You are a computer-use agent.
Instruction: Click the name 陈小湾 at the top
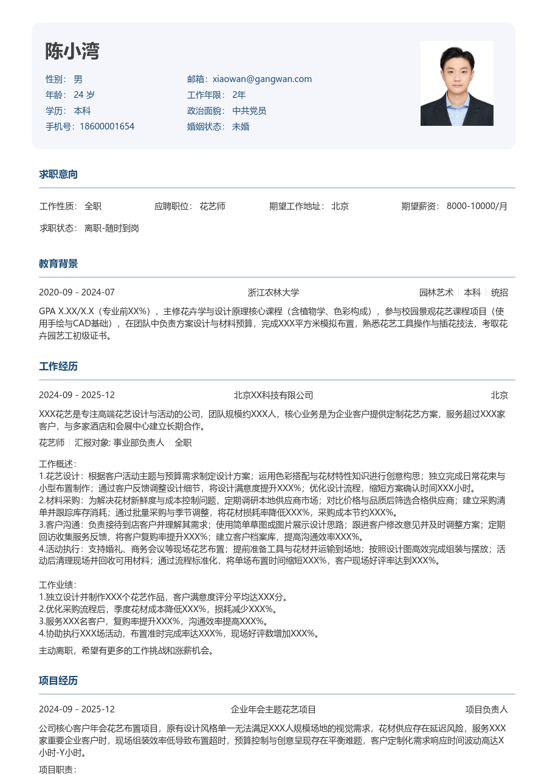[x=72, y=52]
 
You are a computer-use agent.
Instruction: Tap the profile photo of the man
[x=456, y=83]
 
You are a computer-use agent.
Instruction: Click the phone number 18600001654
[x=107, y=126]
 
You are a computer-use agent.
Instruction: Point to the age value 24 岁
[x=84, y=95]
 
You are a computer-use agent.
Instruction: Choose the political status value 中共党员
[x=249, y=111]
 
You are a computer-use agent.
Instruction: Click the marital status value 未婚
[x=241, y=126]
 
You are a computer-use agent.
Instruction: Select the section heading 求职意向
[x=58, y=174]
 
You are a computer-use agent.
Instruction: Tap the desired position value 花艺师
[x=212, y=206]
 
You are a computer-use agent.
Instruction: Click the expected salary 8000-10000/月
[x=477, y=206]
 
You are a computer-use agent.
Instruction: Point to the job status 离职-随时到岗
[x=112, y=228]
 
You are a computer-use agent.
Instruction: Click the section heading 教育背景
[x=58, y=264]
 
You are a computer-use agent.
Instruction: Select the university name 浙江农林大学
[x=273, y=292]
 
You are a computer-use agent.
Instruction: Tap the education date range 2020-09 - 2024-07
[x=77, y=292]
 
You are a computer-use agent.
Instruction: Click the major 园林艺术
[x=436, y=292]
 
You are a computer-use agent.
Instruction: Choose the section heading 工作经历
[x=58, y=367]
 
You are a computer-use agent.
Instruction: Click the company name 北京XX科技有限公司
[x=273, y=395]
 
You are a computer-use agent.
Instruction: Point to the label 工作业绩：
[x=58, y=585]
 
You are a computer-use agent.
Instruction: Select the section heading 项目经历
[x=58, y=681]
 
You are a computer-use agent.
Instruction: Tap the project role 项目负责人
[x=487, y=709]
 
